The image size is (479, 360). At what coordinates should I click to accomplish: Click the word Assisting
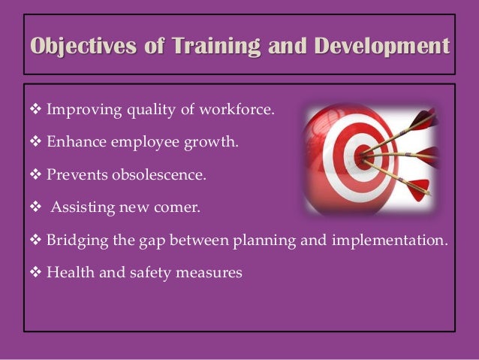point(78,207)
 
